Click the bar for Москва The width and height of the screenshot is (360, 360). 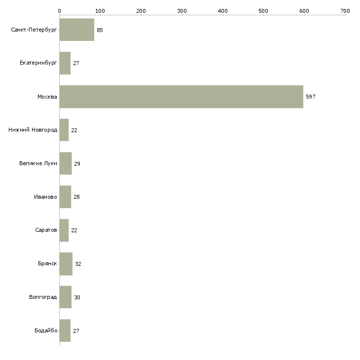[181, 97]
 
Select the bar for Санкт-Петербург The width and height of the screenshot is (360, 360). [76, 30]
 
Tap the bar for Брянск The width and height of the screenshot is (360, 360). [66, 264]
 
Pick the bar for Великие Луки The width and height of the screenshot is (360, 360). [65, 164]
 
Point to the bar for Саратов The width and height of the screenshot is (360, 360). [64, 230]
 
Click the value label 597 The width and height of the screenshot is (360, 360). [310, 97]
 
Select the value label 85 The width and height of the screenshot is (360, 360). [100, 30]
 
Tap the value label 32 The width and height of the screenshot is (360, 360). [78, 264]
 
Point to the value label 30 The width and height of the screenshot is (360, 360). [77, 297]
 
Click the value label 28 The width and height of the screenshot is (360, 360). [76, 197]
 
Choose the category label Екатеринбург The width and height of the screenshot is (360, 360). [38, 64]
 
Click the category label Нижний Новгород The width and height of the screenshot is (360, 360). [33, 130]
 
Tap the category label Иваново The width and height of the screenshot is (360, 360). [45, 197]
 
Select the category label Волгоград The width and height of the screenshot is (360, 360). [43, 297]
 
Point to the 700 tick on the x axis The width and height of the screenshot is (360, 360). [345, 10]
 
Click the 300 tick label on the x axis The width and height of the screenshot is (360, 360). [182, 10]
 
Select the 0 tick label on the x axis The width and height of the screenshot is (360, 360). [59, 10]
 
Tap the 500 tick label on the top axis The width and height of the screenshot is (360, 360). [263, 10]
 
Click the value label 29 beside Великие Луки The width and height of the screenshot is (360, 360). [77, 164]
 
